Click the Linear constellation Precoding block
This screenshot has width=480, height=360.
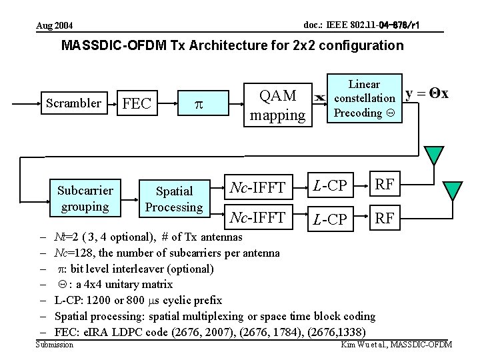tap(365, 98)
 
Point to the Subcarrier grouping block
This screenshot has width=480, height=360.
tap(84, 197)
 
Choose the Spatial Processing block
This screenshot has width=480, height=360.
tap(173, 199)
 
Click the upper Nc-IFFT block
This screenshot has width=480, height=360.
tap(256, 188)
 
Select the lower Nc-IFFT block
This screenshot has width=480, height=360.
tap(256, 217)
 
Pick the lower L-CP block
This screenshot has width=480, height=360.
tap(330, 217)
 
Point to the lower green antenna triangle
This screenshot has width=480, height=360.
tap(454, 190)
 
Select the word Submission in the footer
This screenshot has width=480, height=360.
tap(54, 344)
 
